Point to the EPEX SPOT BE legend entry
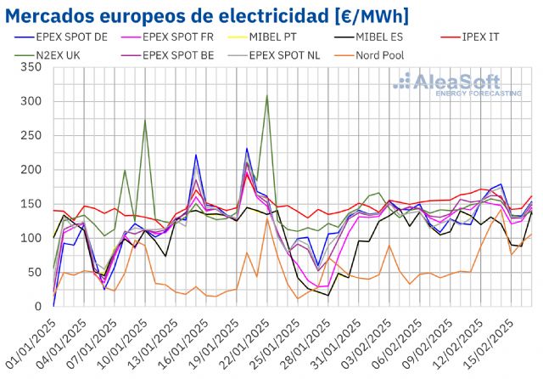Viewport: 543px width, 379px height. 191,55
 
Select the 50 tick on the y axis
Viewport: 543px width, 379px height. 32,272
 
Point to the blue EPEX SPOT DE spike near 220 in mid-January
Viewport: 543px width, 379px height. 196,155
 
